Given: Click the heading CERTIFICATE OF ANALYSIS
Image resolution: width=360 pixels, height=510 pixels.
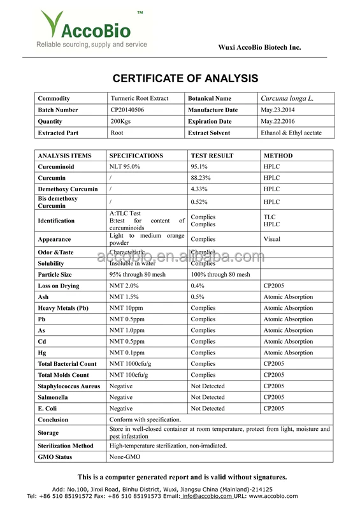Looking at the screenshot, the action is pyautogui.click(x=185, y=78).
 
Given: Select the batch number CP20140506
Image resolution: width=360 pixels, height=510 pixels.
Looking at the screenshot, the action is pyautogui.click(x=129, y=110).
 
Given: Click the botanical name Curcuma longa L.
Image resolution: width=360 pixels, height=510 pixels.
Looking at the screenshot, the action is pyautogui.click(x=287, y=98).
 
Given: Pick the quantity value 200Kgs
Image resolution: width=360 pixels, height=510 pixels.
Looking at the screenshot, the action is pyautogui.click(x=121, y=121).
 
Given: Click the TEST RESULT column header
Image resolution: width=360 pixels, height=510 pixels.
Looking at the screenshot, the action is pyautogui.click(x=212, y=156).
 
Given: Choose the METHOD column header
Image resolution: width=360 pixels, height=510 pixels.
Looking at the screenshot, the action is pyautogui.click(x=278, y=156).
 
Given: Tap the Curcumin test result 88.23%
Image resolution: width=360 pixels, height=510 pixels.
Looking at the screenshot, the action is pyautogui.click(x=201, y=178).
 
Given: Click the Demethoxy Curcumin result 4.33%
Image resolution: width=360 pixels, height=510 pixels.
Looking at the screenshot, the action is pyautogui.click(x=199, y=189).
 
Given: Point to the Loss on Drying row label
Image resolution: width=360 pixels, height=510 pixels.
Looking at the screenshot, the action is pyautogui.click(x=59, y=286).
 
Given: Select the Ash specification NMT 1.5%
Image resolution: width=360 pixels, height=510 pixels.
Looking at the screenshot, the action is pyautogui.click(x=125, y=296).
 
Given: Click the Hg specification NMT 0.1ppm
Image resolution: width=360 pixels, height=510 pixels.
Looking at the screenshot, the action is pyautogui.click(x=127, y=353).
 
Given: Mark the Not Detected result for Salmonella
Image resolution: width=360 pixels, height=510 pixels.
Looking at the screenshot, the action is pyautogui.click(x=208, y=397).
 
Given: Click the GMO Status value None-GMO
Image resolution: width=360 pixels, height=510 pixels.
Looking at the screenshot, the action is pyautogui.click(x=125, y=457).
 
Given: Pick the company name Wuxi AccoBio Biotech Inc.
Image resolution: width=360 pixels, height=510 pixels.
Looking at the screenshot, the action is pyautogui.click(x=259, y=47).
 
